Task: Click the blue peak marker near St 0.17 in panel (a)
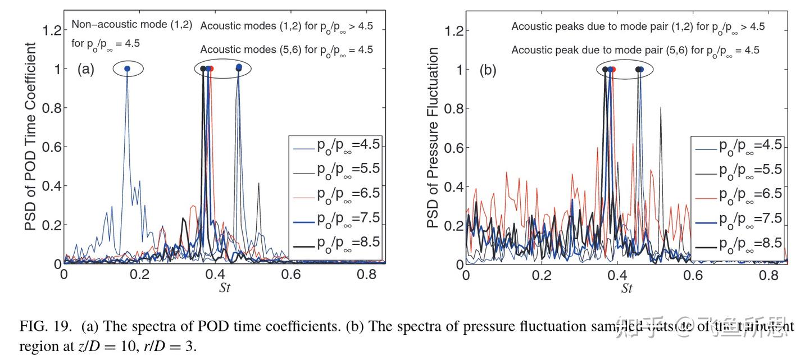127,69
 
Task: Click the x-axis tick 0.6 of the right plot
694,276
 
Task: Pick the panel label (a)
86,70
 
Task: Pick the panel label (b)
487,70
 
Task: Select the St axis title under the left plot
224,289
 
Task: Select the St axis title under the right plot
626,289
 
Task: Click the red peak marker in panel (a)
211,69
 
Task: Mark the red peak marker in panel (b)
613,69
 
